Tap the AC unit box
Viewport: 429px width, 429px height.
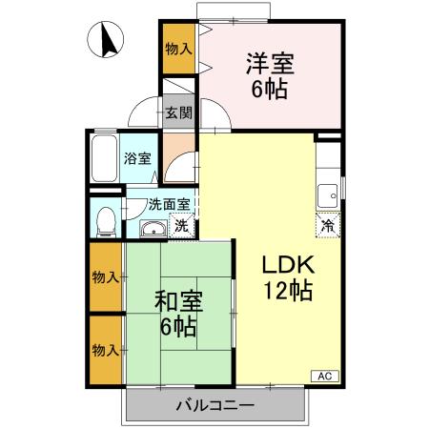point(324,376)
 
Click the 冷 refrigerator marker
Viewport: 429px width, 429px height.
point(326,227)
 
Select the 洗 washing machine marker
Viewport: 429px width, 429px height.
point(180,227)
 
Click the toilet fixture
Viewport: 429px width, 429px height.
point(107,220)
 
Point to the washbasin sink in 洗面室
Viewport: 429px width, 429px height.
point(152,228)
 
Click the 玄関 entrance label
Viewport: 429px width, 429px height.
point(177,112)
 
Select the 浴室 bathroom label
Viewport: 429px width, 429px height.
point(137,159)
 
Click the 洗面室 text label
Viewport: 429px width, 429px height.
point(172,203)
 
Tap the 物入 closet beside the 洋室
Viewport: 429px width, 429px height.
point(177,49)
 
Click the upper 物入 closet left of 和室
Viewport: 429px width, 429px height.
point(105,276)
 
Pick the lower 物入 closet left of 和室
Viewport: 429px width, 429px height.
point(105,349)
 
